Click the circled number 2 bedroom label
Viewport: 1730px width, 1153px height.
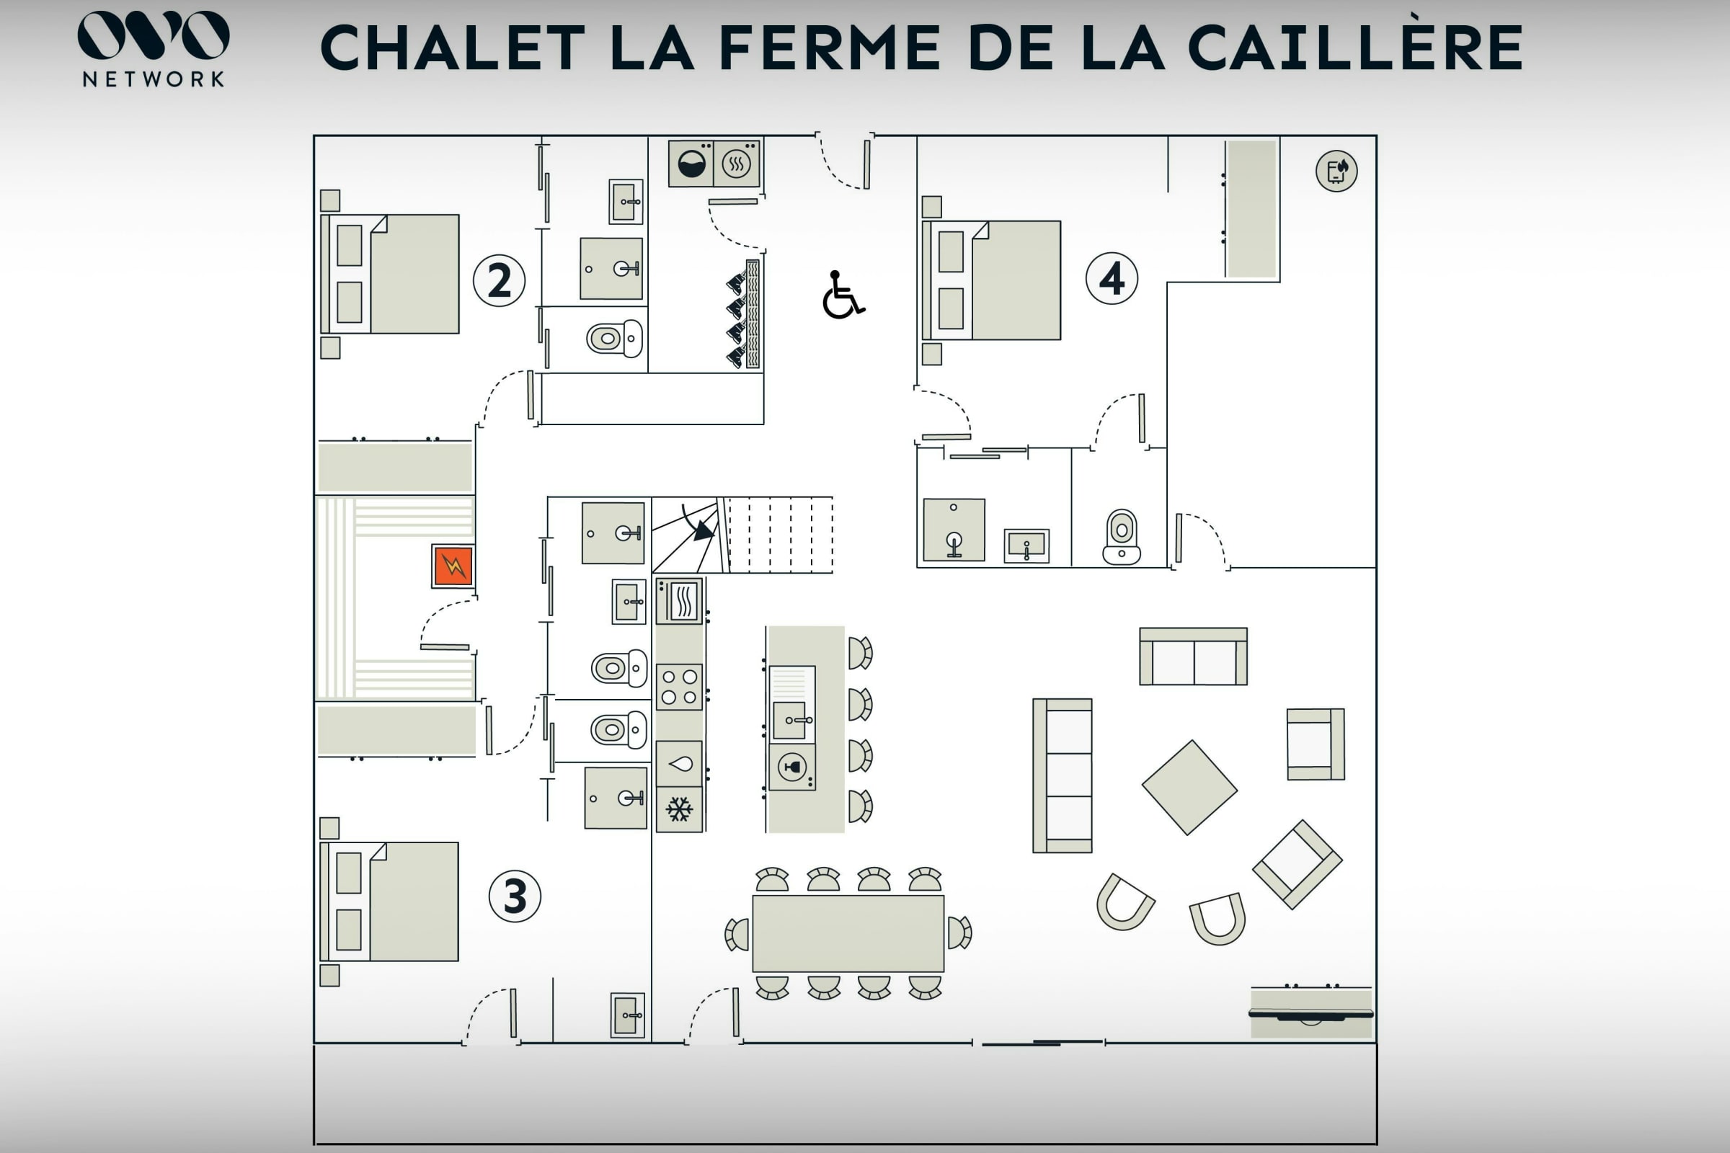pos(500,280)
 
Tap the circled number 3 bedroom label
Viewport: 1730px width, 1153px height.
pos(515,896)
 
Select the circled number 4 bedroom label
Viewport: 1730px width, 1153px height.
pos(1112,279)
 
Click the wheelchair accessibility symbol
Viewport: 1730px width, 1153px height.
pos(843,295)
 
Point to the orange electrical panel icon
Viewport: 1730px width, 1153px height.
pos(453,566)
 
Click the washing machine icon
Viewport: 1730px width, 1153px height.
pos(691,164)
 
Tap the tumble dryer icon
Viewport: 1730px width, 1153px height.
pos(736,164)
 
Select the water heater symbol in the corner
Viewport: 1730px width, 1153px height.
pos(1336,172)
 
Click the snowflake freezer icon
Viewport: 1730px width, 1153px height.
pos(679,809)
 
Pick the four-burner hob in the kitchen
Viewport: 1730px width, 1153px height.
pos(679,687)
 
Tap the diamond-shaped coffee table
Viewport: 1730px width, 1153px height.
pos(1189,788)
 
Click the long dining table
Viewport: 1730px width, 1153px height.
pos(848,933)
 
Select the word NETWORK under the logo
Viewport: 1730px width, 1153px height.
pos(154,79)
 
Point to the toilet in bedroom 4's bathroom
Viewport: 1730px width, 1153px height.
pos(1121,538)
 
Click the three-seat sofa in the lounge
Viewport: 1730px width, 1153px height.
pos(1062,776)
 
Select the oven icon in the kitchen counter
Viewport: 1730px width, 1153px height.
pos(679,601)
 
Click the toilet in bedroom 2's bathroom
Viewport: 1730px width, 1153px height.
pos(614,339)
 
